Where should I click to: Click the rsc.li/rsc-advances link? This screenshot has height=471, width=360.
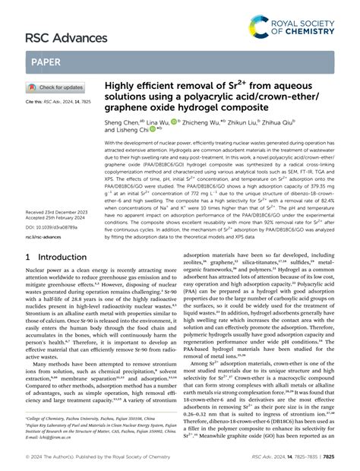click(45, 237)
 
